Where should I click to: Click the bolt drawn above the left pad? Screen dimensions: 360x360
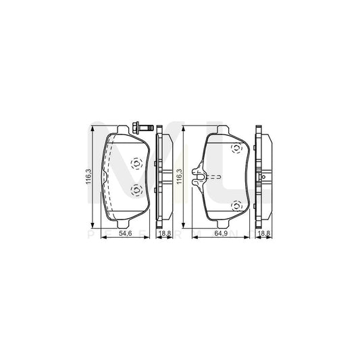coord(144,126)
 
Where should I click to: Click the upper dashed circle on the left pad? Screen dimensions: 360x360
coord(134,162)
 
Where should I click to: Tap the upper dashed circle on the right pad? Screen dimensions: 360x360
coord(236,149)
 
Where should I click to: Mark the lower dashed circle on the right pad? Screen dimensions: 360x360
coord(236,206)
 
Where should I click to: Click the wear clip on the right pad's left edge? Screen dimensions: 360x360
coord(199,177)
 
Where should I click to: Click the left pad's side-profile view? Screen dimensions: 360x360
coord(162,177)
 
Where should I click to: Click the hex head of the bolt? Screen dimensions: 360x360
coord(138,126)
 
